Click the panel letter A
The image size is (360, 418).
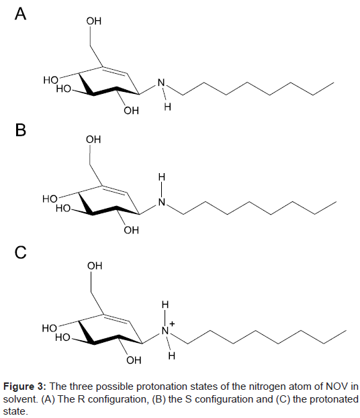(21, 13)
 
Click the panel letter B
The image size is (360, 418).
(21, 129)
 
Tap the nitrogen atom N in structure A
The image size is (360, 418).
(161, 83)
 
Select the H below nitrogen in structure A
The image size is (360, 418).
(168, 107)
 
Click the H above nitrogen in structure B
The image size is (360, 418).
(162, 176)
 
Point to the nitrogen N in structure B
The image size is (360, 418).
(162, 202)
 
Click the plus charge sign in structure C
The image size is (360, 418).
(172, 324)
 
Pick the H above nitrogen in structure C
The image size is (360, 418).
(165, 304)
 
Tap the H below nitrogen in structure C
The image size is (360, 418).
(172, 356)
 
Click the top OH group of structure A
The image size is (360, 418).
(94, 21)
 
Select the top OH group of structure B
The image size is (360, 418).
(93, 140)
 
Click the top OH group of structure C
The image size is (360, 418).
(95, 266)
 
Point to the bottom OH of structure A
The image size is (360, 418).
(131, 110)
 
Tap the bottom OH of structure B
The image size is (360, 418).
(131, 229)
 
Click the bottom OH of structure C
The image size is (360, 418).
(134, 360)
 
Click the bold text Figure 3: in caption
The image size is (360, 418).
(25, 386)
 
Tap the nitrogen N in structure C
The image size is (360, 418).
(165, 331)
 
